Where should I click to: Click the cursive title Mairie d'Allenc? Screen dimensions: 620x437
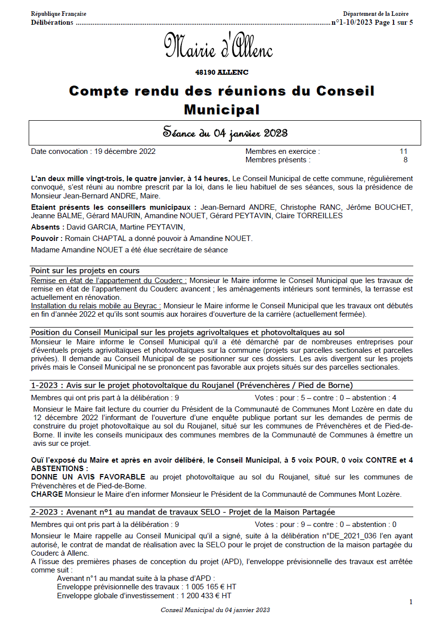[218, 46]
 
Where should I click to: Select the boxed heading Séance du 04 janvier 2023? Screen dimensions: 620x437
[225, 133]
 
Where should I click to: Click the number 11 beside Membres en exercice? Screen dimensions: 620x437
[403, 151]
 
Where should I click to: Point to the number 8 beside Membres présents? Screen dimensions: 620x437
[405, 160]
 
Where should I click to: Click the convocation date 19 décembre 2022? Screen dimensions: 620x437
[125, 151]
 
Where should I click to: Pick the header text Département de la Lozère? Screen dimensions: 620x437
[376, 14]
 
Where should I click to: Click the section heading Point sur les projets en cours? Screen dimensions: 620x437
[85, 271]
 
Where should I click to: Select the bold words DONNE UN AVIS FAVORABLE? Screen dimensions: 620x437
[88, 477]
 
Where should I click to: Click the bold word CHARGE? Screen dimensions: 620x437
[47, 494]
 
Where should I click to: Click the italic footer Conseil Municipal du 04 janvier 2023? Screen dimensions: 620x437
[215, 610]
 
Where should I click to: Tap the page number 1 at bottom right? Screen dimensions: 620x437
[411, 602]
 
